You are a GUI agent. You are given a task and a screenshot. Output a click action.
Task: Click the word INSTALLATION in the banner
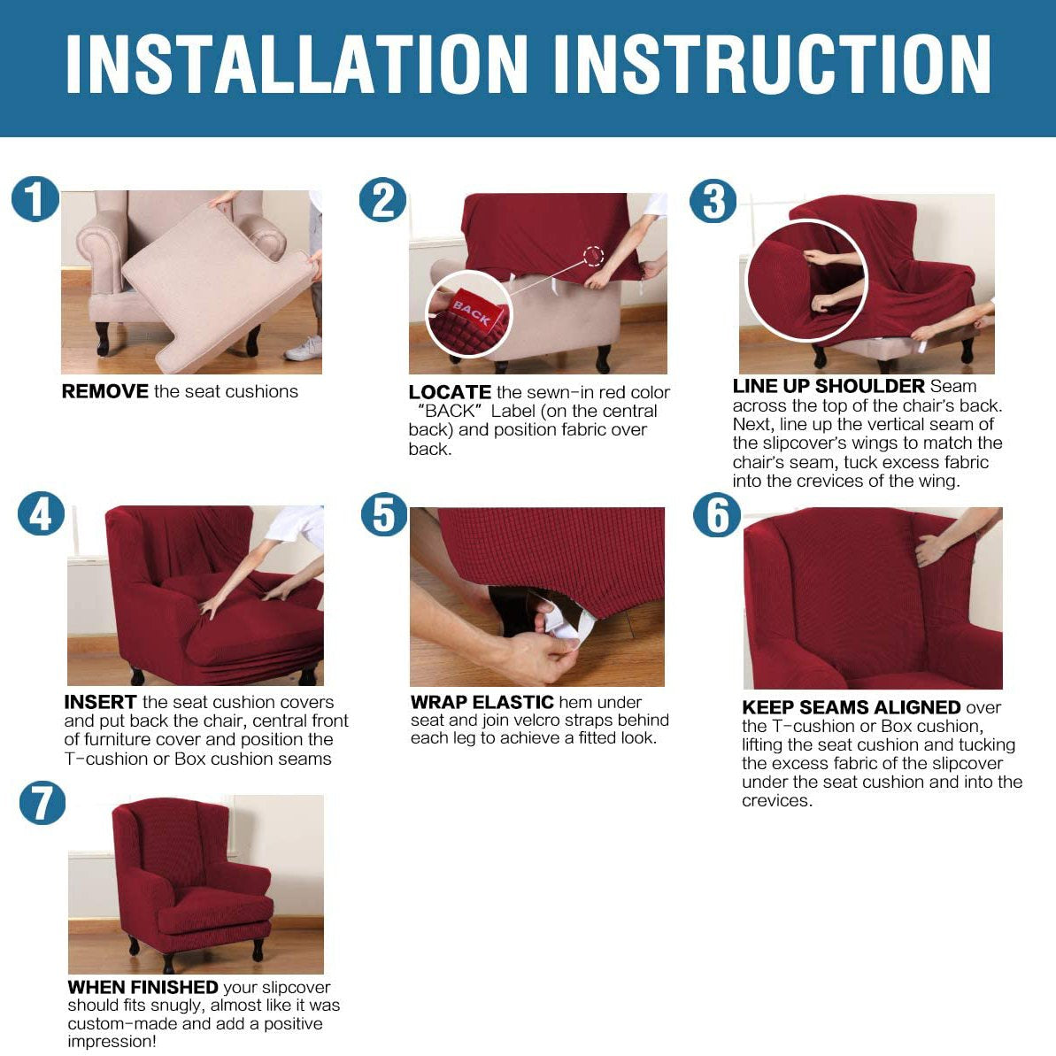pos(297,64)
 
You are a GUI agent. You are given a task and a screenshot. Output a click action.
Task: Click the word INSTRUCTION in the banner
pos(772,64)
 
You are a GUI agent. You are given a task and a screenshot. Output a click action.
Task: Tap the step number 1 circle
pos(35,199)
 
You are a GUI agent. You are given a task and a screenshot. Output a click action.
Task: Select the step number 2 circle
pos(382,200)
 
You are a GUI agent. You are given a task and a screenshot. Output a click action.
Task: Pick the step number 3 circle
pos(713,201)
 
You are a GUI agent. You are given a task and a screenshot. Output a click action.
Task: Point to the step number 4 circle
pos(41,514)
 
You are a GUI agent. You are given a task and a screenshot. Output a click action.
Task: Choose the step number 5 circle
pos(384,515)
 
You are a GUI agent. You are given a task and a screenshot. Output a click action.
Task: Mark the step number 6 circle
pos(717,515)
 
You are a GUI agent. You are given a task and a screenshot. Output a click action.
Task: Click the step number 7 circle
pos(42,803)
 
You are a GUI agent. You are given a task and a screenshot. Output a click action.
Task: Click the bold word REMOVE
pos(105,391)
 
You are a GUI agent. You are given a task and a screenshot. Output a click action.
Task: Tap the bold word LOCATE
pos(450,392)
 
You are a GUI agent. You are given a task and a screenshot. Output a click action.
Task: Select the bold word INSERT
pos(100,702)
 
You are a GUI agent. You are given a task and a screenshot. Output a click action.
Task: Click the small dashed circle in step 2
pos(593,257)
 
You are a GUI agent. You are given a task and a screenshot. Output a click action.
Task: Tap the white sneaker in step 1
pos(304,348)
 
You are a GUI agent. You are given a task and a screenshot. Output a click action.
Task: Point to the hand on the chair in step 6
pos(933,548)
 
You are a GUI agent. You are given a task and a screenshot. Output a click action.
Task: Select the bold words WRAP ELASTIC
pos(482,702)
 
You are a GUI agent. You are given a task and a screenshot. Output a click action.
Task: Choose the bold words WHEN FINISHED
pos(143,987)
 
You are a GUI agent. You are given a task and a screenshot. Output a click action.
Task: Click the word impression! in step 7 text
pos(112,1041)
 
